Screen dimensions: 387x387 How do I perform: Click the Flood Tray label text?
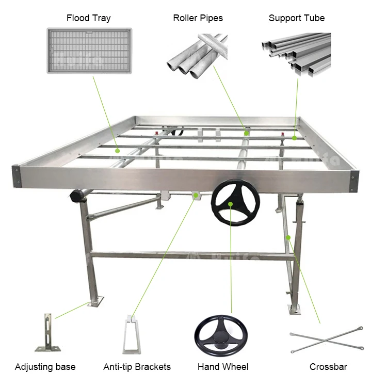pos(89,18)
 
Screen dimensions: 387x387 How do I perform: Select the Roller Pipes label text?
pos(198,18)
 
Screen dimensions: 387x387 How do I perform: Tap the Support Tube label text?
pos(297,18)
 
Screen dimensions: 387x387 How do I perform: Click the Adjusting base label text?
pos(45,367)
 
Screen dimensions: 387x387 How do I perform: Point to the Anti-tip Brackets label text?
pos(137,367)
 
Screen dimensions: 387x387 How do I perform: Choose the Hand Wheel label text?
pos(223,367)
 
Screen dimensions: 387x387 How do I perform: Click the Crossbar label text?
pos(328,367)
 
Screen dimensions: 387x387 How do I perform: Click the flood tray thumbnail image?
pos(89,51)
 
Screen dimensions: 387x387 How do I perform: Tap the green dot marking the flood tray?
pos(118,151)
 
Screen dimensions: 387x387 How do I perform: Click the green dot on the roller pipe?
pos(247,133)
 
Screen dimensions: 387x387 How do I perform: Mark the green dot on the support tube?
pos(294,138)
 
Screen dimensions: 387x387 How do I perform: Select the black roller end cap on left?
pos(77,196)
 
